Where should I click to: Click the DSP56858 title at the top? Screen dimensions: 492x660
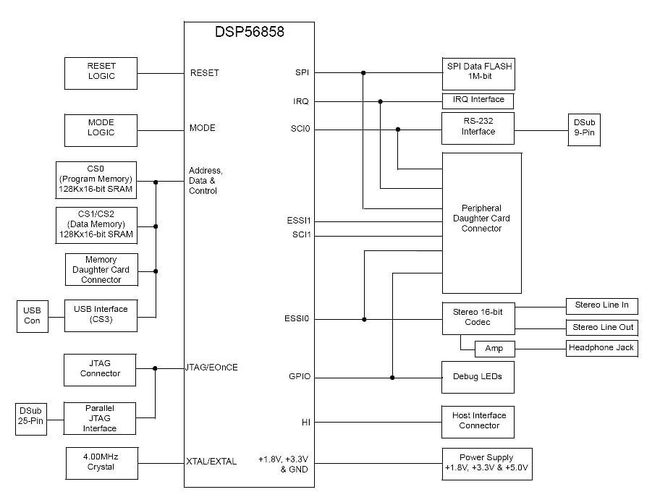[x=249, y=32]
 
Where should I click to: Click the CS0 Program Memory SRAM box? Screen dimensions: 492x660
[x=96, y=179]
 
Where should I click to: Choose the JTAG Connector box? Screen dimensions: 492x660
[x=101, y=369]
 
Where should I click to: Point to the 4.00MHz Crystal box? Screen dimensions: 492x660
[x=101, y=462]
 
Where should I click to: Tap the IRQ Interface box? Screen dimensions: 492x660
[x=478, y=100]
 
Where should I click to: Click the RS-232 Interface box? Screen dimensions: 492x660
[x=478, y=128]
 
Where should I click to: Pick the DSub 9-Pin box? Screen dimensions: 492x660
[x=583, y=130]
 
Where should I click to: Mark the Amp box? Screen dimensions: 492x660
[x=494, y=349]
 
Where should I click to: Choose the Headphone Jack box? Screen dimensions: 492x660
[x=601, y=348]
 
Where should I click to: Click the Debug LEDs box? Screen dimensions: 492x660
[x=478, y=377]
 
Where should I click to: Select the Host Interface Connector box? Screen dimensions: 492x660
[x=478, y=421]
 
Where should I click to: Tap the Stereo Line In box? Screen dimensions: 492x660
[x=601, y=305]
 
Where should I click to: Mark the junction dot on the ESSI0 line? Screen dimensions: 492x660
[x=364, y=319]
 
